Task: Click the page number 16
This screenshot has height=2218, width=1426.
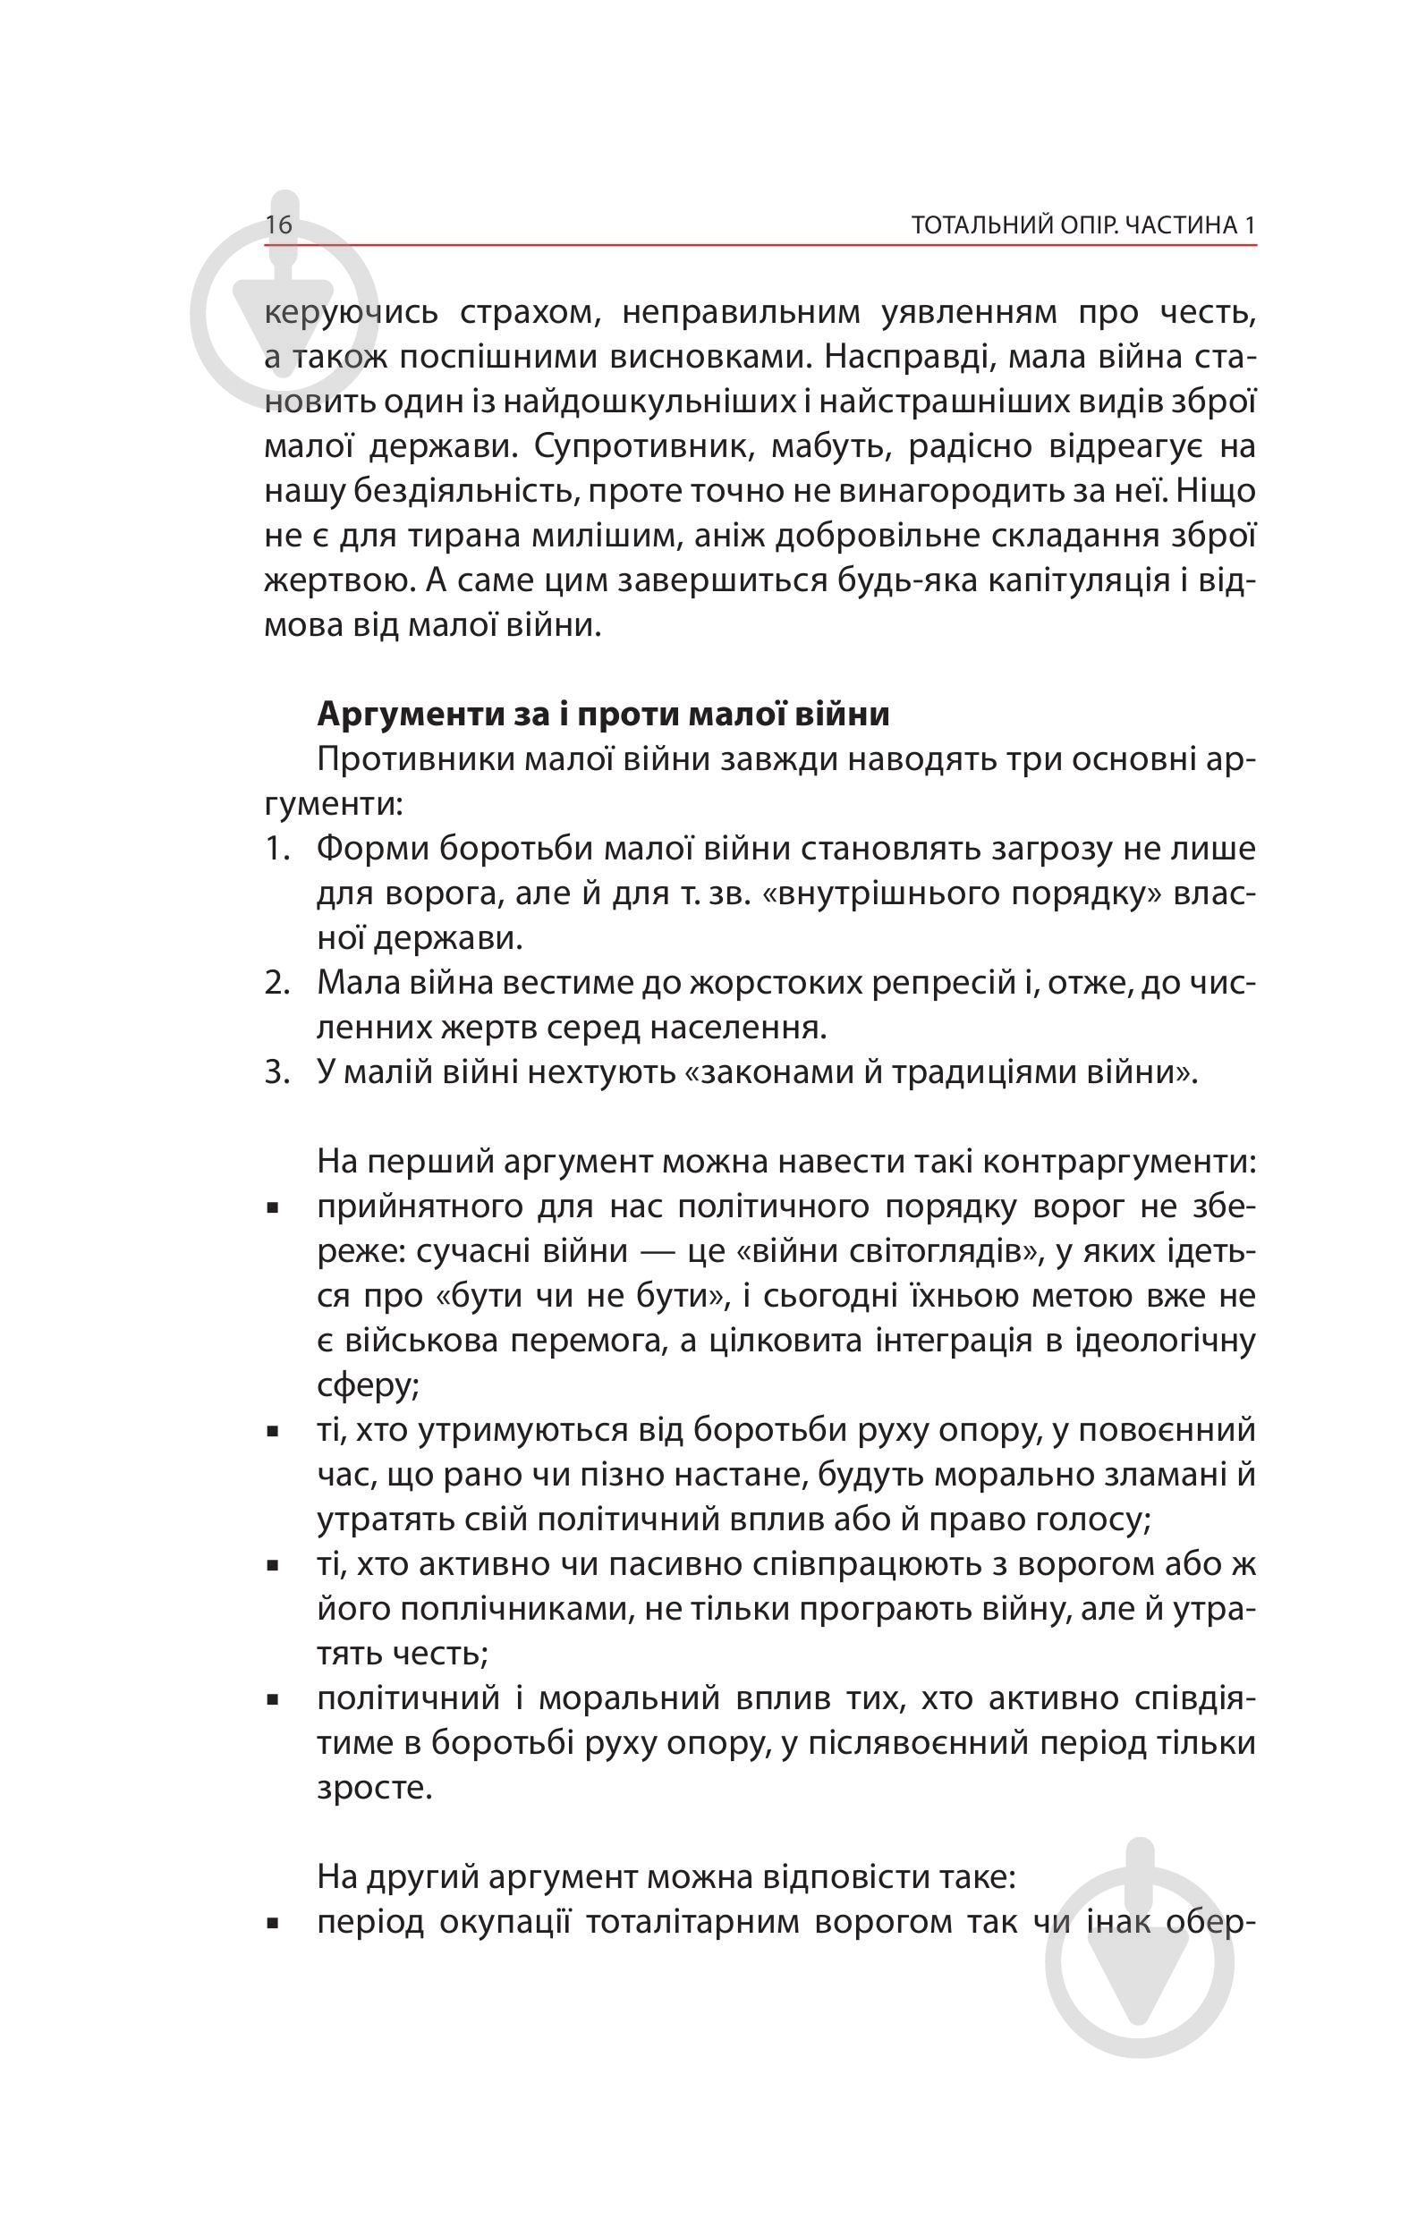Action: [x=279, y=225]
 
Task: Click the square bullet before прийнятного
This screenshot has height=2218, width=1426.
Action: [x=273, y=1208]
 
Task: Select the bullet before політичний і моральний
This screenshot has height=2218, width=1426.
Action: [x=273, y=1699]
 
